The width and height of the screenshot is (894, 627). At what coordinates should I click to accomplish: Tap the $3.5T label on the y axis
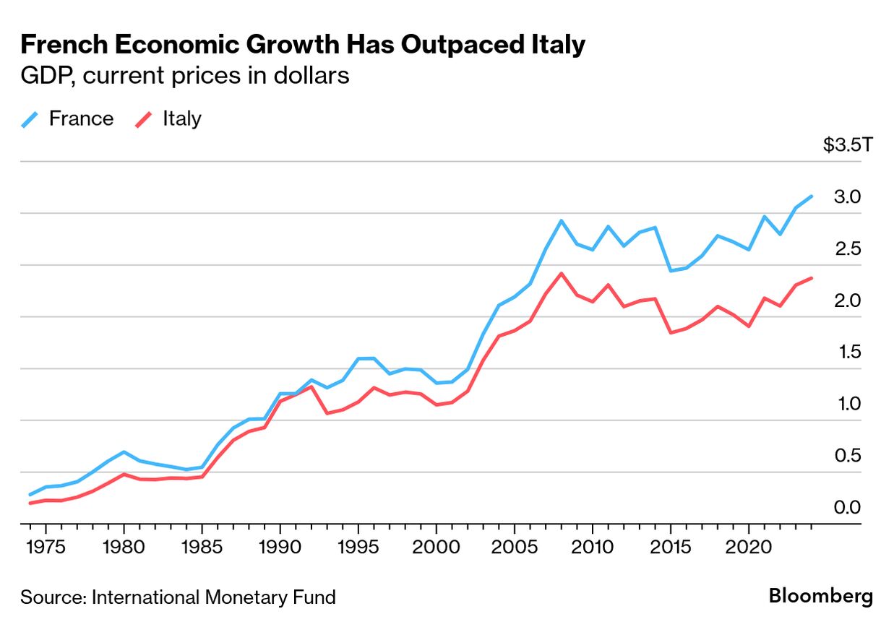point(848,145)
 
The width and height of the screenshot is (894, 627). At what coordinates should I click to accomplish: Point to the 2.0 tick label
point(847,300)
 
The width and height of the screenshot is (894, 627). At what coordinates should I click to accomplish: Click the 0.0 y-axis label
point(847,508)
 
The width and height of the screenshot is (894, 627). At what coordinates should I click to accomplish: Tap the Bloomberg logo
point(820,596)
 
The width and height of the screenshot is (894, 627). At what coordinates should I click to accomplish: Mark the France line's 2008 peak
point(562,221)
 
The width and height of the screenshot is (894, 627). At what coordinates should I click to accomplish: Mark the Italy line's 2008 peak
point(562,273)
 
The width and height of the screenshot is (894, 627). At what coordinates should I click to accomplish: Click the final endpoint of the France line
point(812,196)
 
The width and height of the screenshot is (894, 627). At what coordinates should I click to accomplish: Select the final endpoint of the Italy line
point(812,278)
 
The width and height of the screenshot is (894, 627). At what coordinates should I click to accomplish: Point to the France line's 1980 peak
point(124,452)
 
